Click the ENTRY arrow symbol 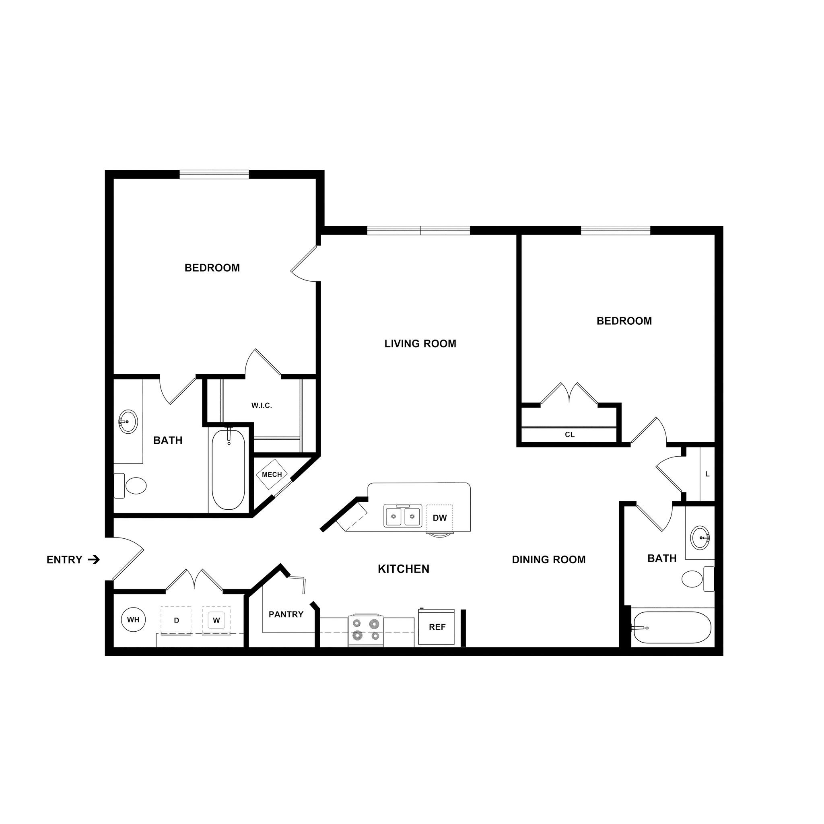coord(94,560)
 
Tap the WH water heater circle coord(134,620)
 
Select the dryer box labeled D coord(176,620)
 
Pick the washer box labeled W coord(216,620)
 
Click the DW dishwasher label coord(440,518)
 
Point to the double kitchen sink coord(403,516)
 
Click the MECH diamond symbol coord(272,474)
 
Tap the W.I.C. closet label coord(262,406)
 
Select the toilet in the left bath coord(132,485)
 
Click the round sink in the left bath coord(128,421)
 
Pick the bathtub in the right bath coord(672,628)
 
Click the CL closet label coord(569,435)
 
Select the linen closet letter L coord(707,474)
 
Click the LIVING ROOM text coord(420,344)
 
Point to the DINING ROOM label coord(548,560)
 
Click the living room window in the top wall coord(418,231)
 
